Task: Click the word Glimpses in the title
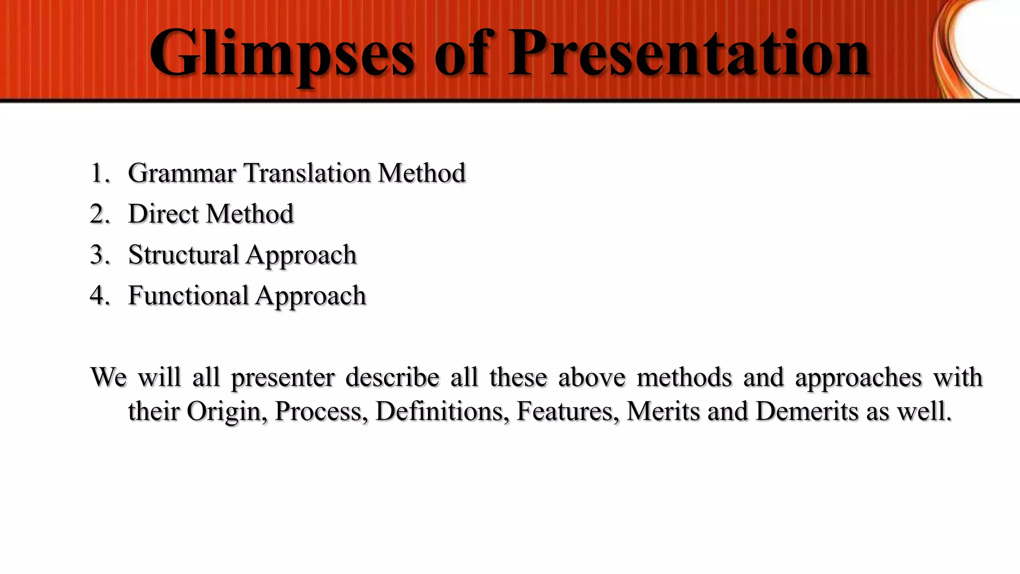click(282, 54)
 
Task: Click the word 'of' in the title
click(463, 54)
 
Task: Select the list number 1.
click(100, 173)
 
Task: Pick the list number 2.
click(100, 214)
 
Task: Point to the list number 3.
click(100, 255)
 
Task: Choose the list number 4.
click(100, 295)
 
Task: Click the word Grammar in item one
click(182, 173)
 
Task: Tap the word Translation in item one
click(307, 173)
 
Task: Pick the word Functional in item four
click(188, 295)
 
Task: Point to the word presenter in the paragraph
click(283, 378)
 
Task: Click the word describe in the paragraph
click(392, 377)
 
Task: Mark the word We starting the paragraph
click(109, 377)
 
